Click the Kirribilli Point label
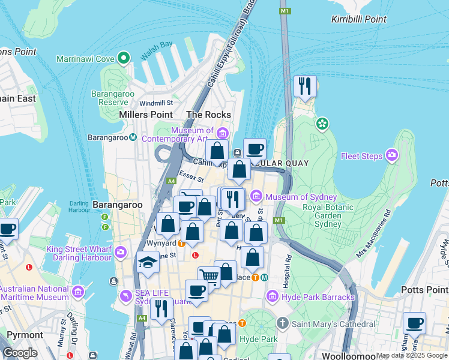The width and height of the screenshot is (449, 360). tap(359, 19)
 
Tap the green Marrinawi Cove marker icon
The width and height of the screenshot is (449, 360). tap(124, 58)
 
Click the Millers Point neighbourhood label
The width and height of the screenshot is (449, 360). tap(146, 115)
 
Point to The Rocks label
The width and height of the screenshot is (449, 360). tap(208, 115)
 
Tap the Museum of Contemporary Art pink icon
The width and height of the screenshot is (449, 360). tap(223, 133)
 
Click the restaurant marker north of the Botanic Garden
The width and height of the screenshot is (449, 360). tap(305, 87)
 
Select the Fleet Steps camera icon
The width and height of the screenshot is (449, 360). tap(393, 155)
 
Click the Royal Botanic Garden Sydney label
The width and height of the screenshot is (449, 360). tap(330, 216)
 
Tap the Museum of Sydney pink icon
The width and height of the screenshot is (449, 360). tap(257, 196)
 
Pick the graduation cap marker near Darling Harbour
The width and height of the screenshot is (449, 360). tap(148, 263)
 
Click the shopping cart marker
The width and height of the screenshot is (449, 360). tap(209, 276)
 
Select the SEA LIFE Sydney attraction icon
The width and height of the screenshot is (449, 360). tap(126, 296)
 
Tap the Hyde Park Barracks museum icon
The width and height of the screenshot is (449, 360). tap(272, 296)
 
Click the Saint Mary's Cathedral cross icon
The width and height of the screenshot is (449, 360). tap(283, 324)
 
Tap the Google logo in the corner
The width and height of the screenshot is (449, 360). tap(20, 352)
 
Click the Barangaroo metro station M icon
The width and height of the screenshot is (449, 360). tap(133, 137)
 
